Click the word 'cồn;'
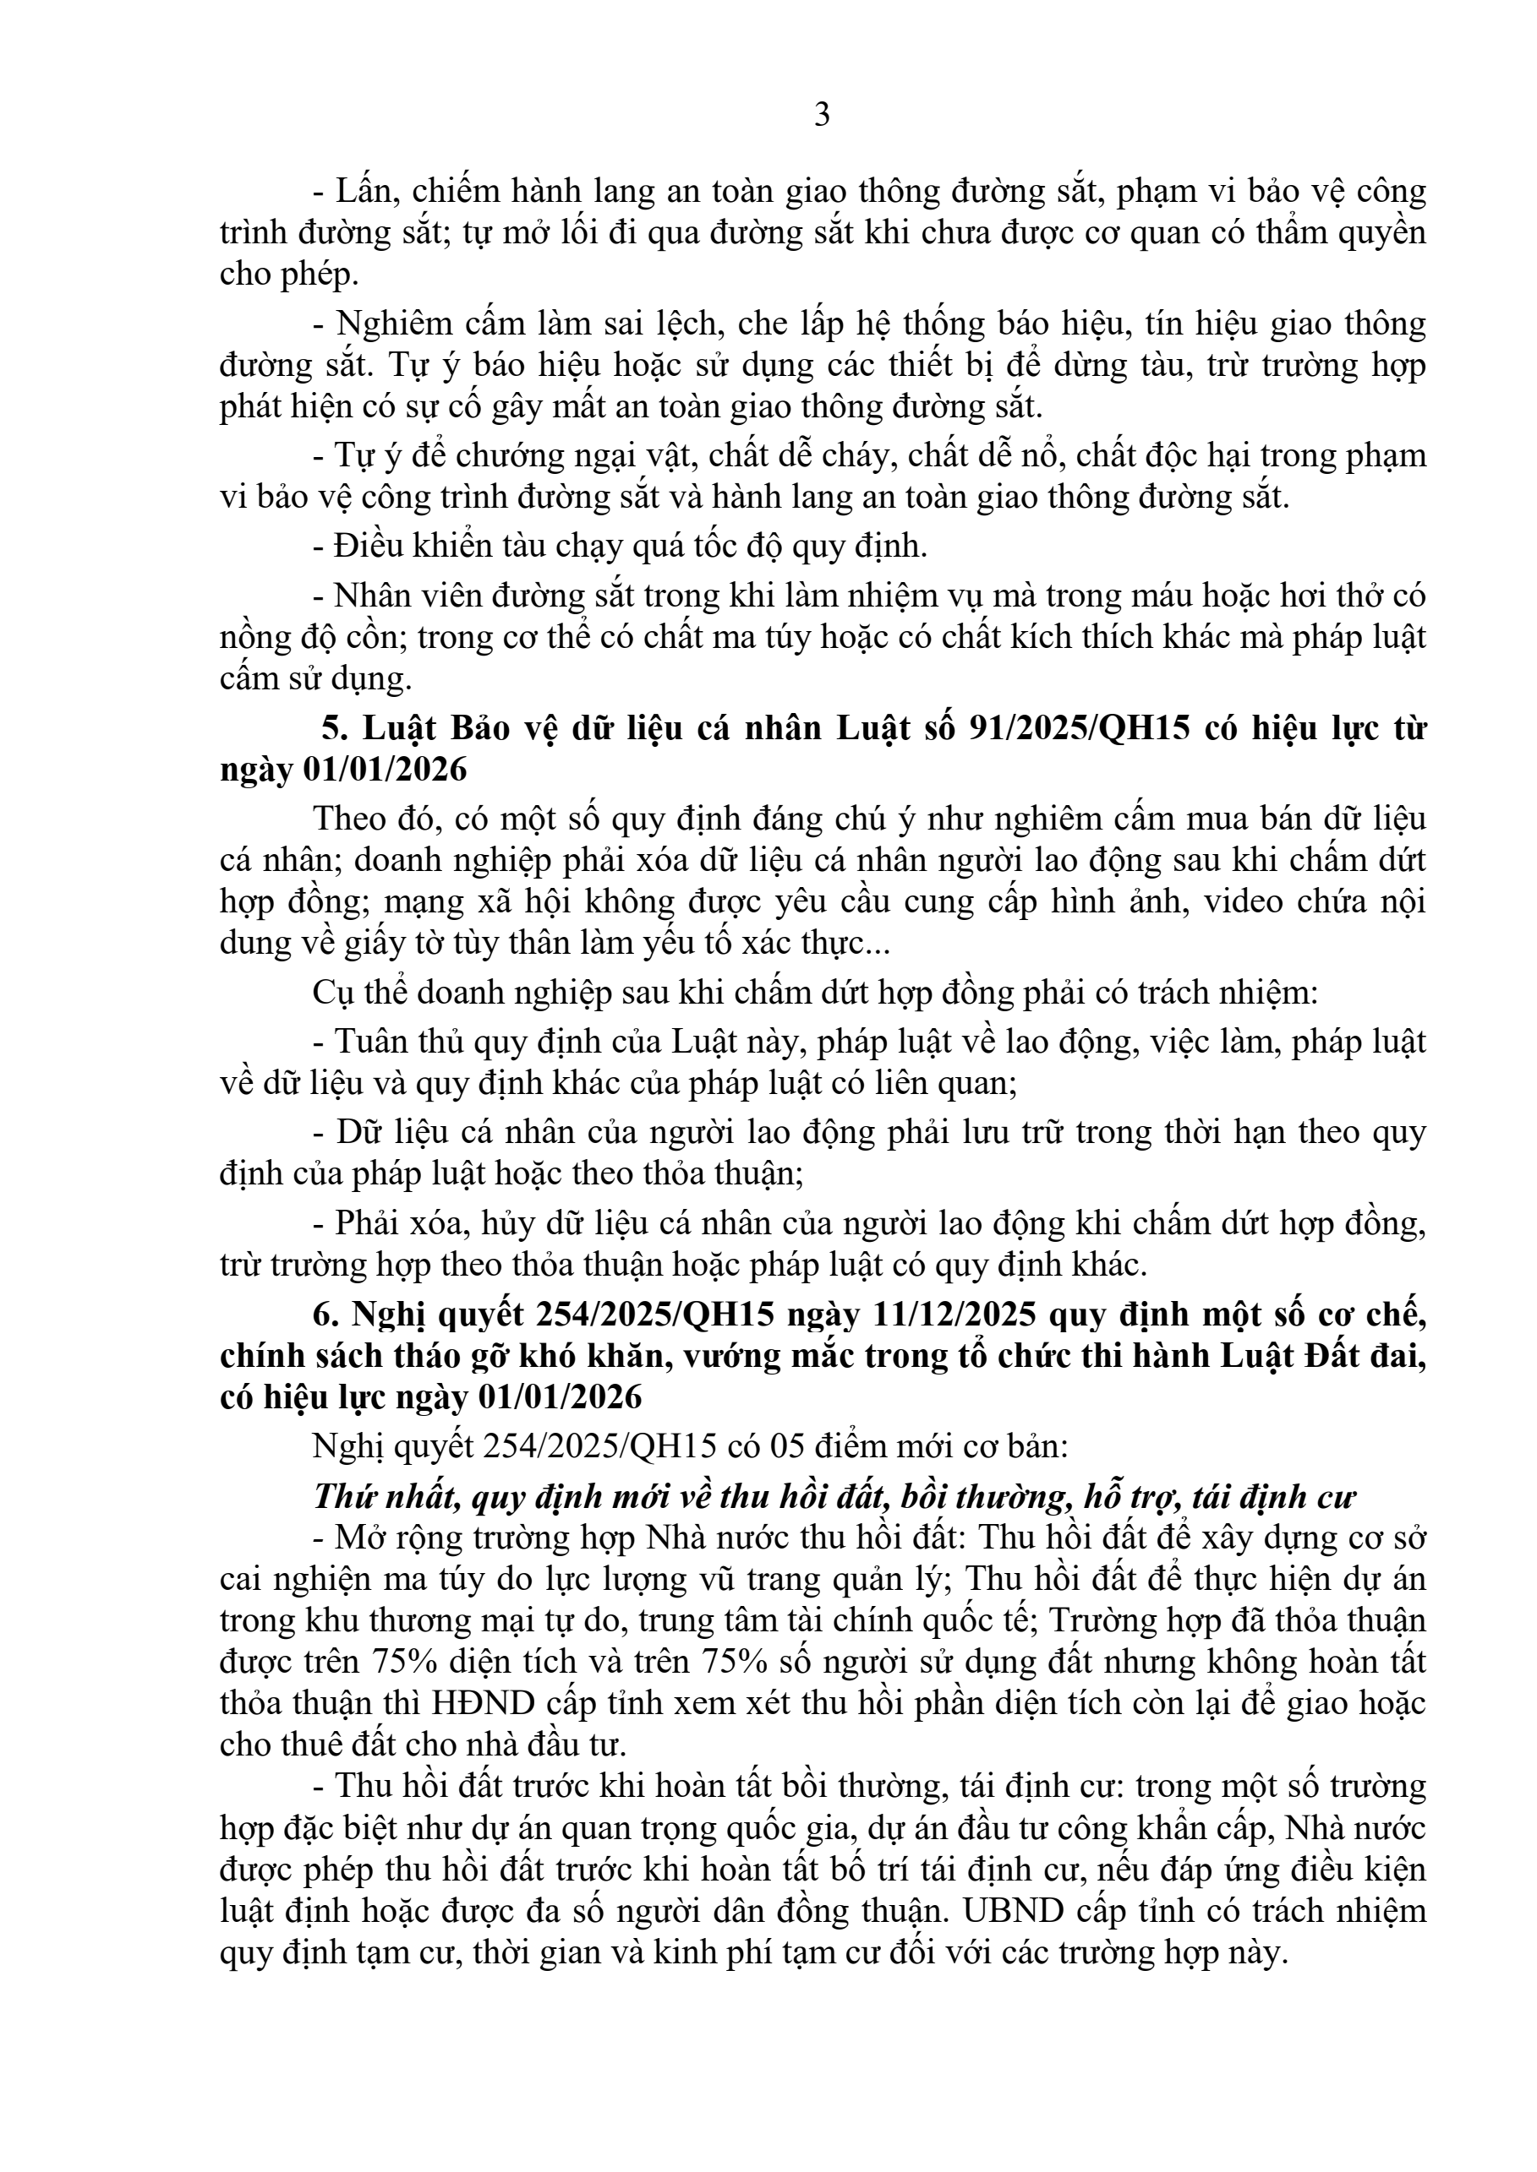point(380,638)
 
